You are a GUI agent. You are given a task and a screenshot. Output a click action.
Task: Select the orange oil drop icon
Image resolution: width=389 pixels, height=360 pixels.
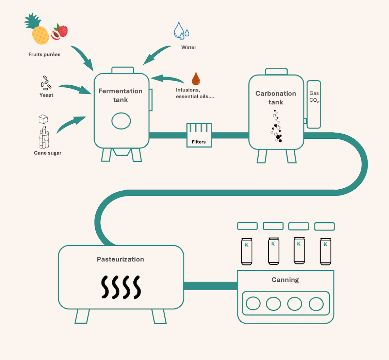click(196, 79)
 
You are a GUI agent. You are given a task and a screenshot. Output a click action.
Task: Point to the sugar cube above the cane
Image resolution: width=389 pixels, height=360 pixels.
click(43, 119)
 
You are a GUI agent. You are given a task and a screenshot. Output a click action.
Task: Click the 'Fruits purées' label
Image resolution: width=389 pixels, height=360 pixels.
click(44, 54)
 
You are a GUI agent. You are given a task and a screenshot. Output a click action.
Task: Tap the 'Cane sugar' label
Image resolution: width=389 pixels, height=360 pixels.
click(48, 153)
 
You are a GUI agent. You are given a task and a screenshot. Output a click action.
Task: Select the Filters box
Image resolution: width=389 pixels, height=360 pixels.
click(199, 135)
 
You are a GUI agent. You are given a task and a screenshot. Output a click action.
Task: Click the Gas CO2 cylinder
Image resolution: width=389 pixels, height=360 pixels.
click(314, 104)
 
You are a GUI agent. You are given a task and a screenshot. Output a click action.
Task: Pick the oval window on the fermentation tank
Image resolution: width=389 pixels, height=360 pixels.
click(121, 121)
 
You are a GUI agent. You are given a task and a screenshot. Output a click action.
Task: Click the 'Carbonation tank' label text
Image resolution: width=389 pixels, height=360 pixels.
click(276, 98)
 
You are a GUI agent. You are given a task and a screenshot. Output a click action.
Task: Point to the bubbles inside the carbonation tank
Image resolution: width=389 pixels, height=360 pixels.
click(277, 126)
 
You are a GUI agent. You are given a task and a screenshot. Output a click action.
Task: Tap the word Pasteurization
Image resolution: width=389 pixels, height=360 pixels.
click(120, 259)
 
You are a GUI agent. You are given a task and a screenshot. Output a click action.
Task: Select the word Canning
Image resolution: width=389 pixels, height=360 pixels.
click(285, 280)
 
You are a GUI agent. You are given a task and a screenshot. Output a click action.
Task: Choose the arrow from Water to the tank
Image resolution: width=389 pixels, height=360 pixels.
click(157, 54)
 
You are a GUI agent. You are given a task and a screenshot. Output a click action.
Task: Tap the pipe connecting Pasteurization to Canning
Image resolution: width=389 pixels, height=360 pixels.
click(210, 286)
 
